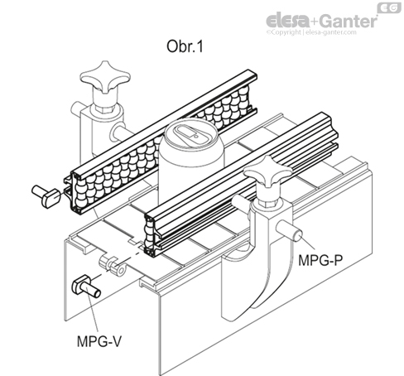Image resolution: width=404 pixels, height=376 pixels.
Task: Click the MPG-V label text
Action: pyautogui.click(x=99, y=341)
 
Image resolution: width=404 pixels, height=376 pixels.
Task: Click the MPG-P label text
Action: pyautogui.click(x=320, y=260)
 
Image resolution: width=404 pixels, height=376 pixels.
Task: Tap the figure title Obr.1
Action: pyautogui.click(x=185, y=46)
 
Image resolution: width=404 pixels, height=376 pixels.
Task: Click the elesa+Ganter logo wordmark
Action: pyautogui.click(x=321, y=21)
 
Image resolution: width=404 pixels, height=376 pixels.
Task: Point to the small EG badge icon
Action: pyautogui.click(x=389, y=7)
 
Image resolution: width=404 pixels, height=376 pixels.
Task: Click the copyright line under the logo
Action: pyautogui.click(x=311, y=32)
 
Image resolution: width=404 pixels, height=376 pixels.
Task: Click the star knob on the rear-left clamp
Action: pyautogui.click(x=105, y=76)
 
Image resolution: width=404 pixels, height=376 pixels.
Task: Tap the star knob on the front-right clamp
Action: pyautogui.click(x=267, y=172)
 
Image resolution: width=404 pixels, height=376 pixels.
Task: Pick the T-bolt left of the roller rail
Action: pyautogui.click(x=46, y=195)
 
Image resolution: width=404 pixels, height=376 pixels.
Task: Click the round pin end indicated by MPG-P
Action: pyautogui.click(x=298, y=235)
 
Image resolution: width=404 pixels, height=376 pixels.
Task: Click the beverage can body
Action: pyautogui.click(x=190, y=160)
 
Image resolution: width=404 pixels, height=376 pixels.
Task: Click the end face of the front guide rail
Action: pyautogui.click(x=151, y=234)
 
